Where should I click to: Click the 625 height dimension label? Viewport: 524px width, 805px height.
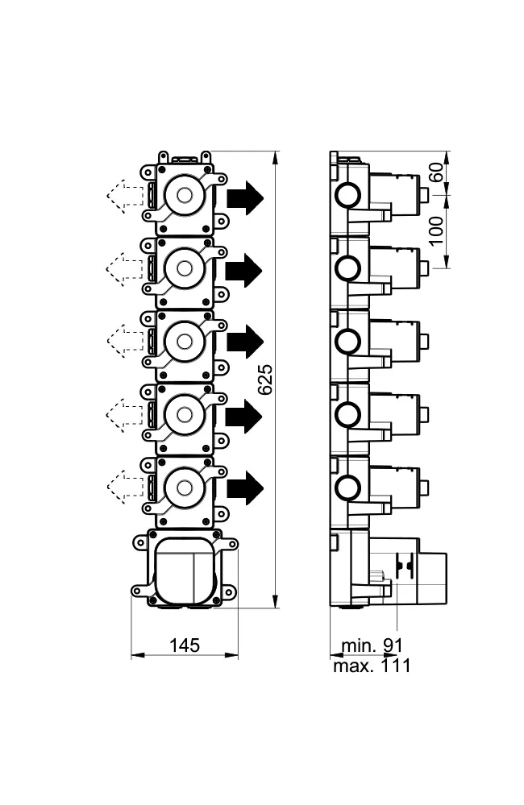(265, 380)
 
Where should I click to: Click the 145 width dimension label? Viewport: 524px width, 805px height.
(185, 645)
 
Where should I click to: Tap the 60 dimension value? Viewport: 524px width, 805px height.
(436, 172)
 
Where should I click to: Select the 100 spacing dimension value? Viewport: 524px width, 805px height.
(436, 231)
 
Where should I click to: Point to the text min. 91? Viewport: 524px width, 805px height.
(372, 645)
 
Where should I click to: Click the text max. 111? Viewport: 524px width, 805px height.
(372, 666)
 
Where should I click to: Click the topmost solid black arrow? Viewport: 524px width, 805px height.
(245, 197)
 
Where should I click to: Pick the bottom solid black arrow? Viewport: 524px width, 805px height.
(245, 488)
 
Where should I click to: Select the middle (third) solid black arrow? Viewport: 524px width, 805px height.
(245, 342)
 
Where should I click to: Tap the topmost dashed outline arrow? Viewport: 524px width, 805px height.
(125, 196)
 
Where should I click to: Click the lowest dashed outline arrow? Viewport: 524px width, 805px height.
(125, 486)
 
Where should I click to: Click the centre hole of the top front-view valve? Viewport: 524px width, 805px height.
(185, 195)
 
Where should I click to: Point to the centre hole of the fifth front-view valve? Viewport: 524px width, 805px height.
(185, 488)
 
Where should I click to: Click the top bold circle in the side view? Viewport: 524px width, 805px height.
(347, 195)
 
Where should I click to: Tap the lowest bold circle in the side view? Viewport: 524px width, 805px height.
(347, 487)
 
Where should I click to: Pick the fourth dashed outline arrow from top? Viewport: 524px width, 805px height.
(125, 415)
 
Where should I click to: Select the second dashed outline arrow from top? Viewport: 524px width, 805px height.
(125, 269)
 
